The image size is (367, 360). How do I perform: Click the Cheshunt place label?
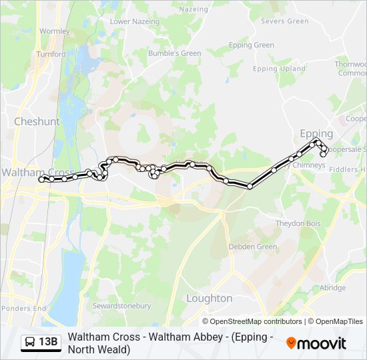[x=37, y=122]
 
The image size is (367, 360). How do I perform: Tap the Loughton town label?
[x=210, y=298]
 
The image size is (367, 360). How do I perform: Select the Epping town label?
[x=316, y=133]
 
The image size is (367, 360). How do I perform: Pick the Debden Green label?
[x=253, y=247]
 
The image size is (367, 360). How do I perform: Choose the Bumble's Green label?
[x=174, y=53]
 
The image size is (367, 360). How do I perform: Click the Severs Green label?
[x=285, y=21]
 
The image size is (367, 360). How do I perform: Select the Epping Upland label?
[x=279, y=69]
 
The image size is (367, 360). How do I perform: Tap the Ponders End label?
[x=23, y=309]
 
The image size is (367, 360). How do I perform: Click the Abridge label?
[x=332, y=288]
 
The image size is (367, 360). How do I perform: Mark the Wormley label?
[x=55, y=31]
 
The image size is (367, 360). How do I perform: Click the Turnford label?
[x=51, y=55]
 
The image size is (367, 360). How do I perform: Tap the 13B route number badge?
[x=48, y=343]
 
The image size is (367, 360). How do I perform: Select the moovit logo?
[x=316, y=343]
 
